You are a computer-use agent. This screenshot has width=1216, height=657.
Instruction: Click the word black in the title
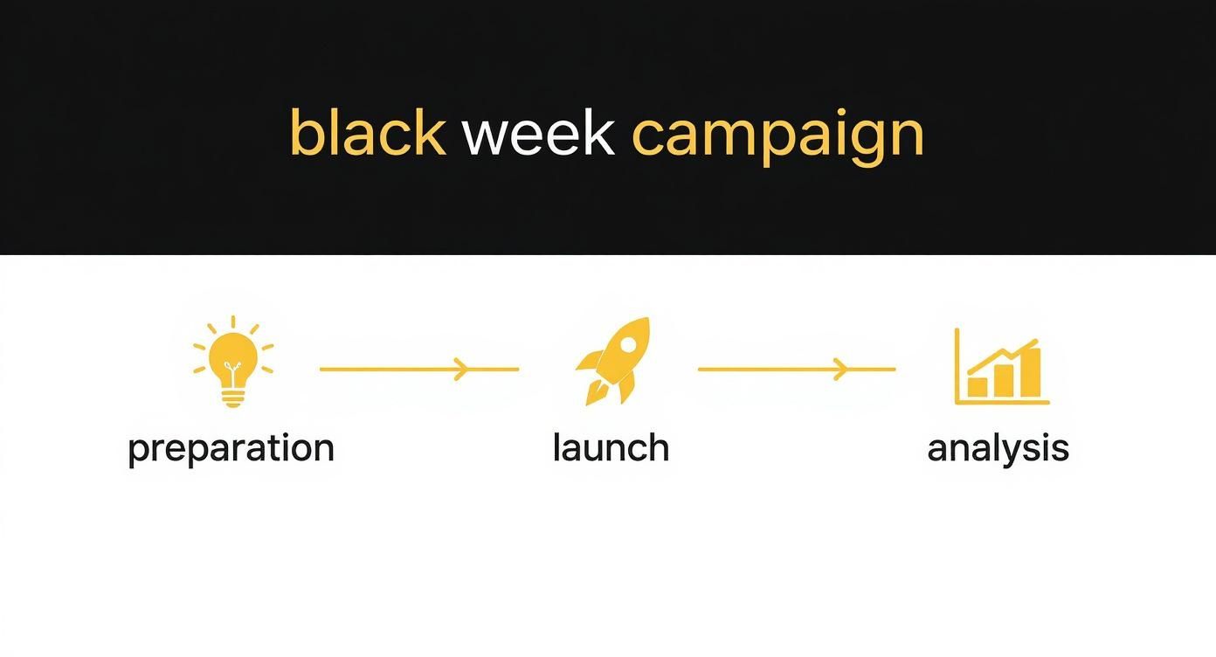[x=367, y=134]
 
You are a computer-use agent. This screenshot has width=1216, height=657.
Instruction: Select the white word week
[x=538, y=134]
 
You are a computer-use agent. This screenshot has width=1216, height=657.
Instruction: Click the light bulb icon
[x=233, y=362]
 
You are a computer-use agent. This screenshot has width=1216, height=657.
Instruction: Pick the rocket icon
[x=614, y=360]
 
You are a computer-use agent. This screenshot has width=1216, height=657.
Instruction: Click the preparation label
[x=231, y=448]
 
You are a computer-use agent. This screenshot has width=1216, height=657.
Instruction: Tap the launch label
[x=611, y=447]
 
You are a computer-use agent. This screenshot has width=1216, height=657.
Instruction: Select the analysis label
[x=998, y=448]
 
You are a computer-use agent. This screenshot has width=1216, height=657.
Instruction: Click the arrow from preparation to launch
[x=419, y=370]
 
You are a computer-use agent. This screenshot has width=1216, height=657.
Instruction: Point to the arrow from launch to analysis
[x=796, y=370]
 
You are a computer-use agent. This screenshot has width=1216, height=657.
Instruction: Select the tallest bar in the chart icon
[x=1031, y=373]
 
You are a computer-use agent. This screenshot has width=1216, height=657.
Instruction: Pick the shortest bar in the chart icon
[x=978, y=386]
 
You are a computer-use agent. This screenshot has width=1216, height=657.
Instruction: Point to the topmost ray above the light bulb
[x=233, y=322]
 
